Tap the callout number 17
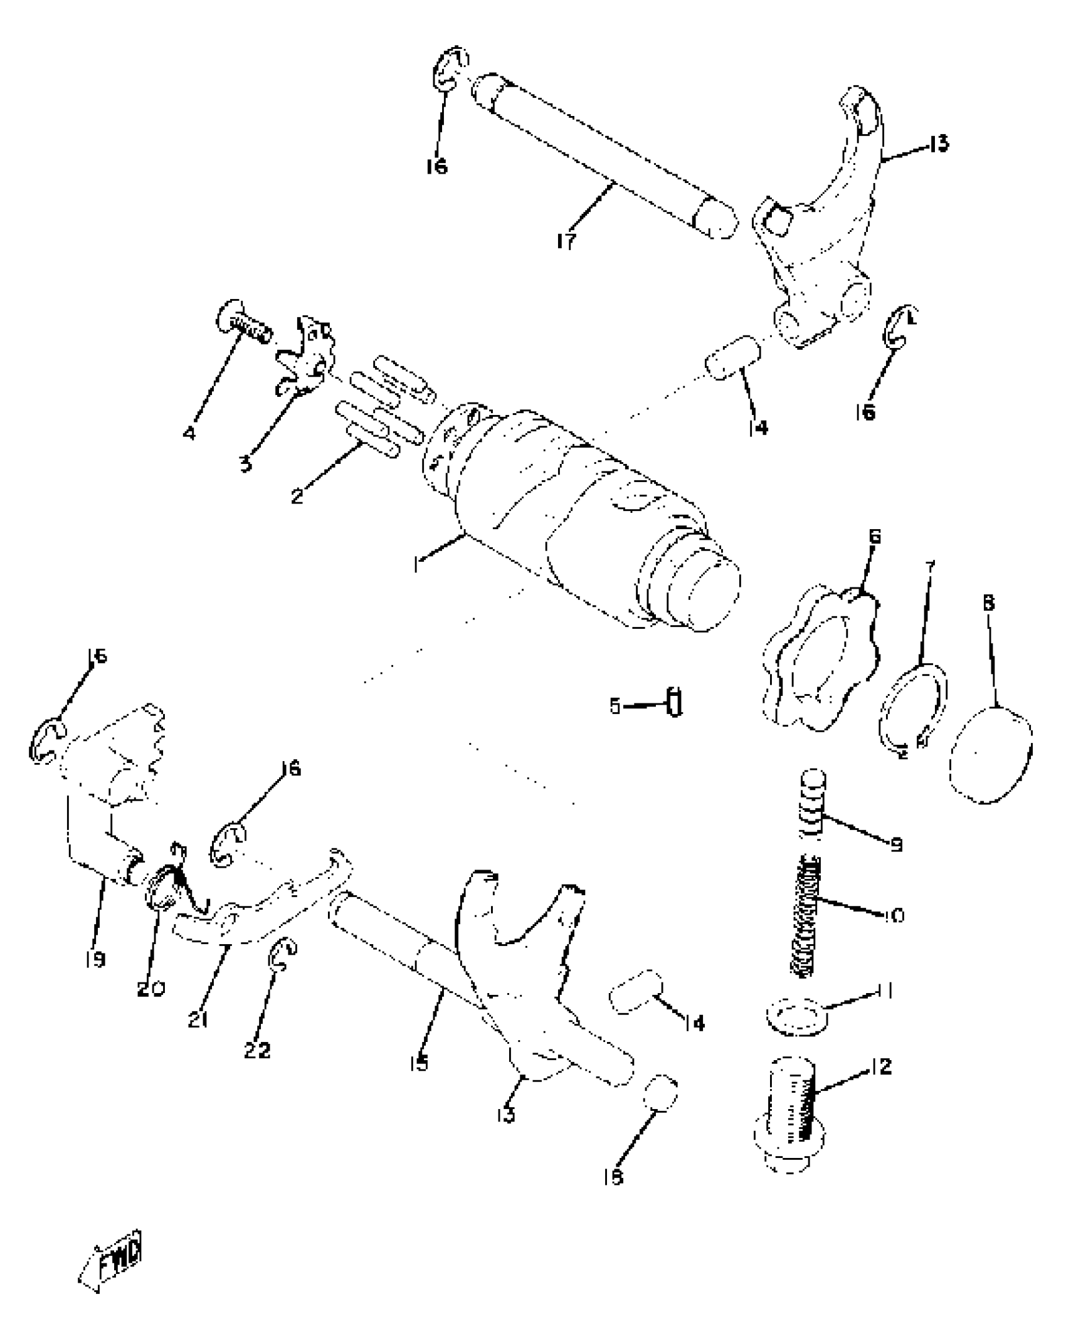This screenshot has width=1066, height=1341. click(566, 241)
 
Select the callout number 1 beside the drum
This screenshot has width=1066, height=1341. click(416, 565)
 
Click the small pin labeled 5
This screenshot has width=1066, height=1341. click(675, 703)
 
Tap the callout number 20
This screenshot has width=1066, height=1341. click(151, 989)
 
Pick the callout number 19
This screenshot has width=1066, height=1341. click(95, 959)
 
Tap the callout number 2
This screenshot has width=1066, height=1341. click(297, 497)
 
